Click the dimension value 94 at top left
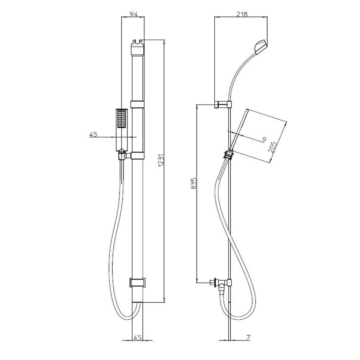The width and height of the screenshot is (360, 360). click(x=133, y=14)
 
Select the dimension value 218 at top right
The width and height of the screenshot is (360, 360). click(x=242, y=14)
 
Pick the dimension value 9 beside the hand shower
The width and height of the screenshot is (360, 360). click(x=263, y=139)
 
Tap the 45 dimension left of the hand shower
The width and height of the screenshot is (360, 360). click(x=94, y=134)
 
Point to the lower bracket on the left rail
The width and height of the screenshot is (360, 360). click(x=138, y=282)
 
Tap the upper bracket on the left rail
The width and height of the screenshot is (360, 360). click(x=138, y=104)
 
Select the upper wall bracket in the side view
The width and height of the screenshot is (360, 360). click(x=223, y=105)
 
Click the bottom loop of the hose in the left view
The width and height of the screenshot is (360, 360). click(x=126, y=317)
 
